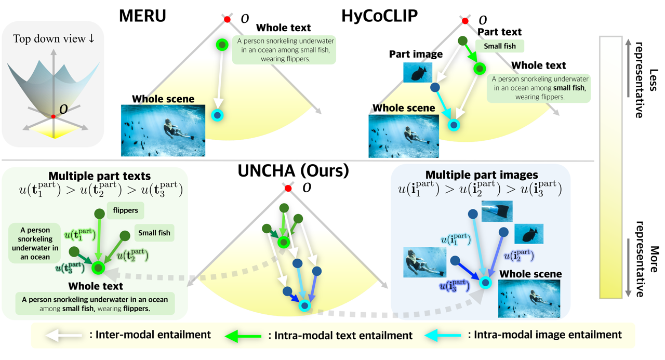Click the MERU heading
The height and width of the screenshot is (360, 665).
point(143,17)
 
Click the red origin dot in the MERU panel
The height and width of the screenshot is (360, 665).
point(227,20)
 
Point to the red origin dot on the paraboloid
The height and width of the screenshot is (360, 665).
point(53,116)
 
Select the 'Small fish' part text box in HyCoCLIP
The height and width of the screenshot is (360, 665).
point(500,46)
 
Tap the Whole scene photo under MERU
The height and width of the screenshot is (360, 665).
point(163,130)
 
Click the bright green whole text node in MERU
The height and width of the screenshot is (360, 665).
point(222,45)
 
